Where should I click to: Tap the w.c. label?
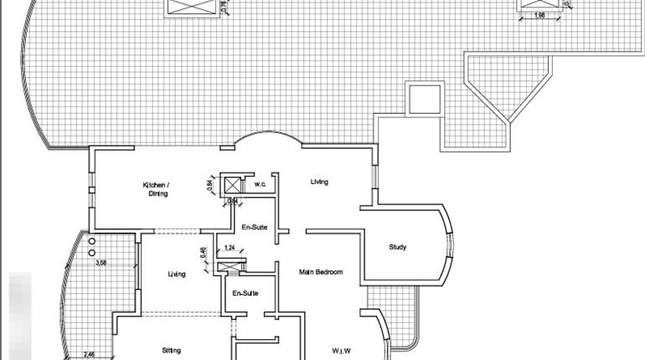(x=260, y=184)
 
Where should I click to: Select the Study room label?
(x=399, y=247)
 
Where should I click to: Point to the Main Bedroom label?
(x=321, y=271)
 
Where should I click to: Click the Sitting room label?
(x=172, y=349)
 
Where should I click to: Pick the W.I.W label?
(x=341, y=349)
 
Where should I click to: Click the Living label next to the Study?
(x=319, y=182)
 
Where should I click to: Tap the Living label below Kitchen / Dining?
(x=176, y=274)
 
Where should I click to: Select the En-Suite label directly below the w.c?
(x=253, y=227)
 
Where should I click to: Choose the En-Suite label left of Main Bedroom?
(x=245, y=293)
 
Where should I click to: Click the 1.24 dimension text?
(x=230, y=247)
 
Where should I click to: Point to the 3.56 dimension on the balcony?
(x=101, y=264)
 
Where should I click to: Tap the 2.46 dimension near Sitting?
(x=89, y=354)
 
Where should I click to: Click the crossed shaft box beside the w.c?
(x=230, y=185)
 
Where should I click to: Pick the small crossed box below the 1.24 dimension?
(x=223, y=267)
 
